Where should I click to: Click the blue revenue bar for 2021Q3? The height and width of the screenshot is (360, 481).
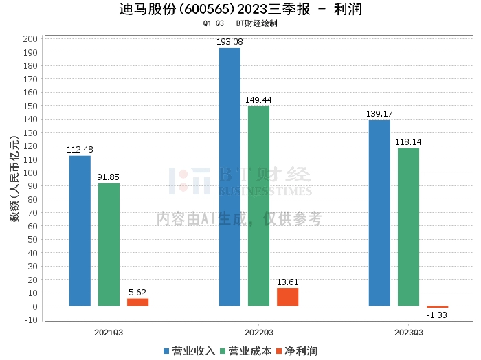[x=80, y=231]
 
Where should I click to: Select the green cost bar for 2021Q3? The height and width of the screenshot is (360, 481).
[x=109, y=245]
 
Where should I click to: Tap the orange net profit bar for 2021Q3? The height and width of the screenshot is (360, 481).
[x=137, y=302]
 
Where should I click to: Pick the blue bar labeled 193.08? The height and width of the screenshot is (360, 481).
[x=230, y=177]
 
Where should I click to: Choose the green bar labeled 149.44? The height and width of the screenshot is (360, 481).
[x=258, y=206]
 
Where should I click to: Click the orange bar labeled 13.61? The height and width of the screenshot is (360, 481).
[x=287, y=297]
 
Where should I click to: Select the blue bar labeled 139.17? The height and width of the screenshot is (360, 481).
[x=379, y=213]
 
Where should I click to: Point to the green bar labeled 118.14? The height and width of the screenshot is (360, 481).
[x=408, y=227]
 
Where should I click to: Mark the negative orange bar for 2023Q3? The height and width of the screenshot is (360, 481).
[x=437, y=307]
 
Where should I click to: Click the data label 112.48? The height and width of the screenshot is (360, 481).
[x=80, y=150]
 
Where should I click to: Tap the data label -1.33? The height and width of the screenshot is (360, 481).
[x=437, y=315]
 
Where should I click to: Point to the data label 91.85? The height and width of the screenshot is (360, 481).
[x=109, y=177]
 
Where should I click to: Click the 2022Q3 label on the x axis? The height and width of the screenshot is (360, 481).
[x=258, y=332]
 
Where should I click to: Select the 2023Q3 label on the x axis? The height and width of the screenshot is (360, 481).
[x=408, y=332]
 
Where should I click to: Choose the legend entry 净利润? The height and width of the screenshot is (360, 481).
[x=297, y=351]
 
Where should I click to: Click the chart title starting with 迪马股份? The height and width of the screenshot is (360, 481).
[x=240, y=10]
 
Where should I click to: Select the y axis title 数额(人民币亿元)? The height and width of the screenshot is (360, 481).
[x=14, y=178]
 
